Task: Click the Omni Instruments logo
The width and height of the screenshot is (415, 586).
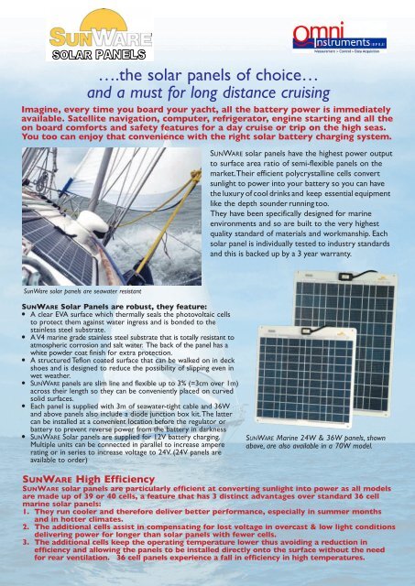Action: [355, 38]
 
